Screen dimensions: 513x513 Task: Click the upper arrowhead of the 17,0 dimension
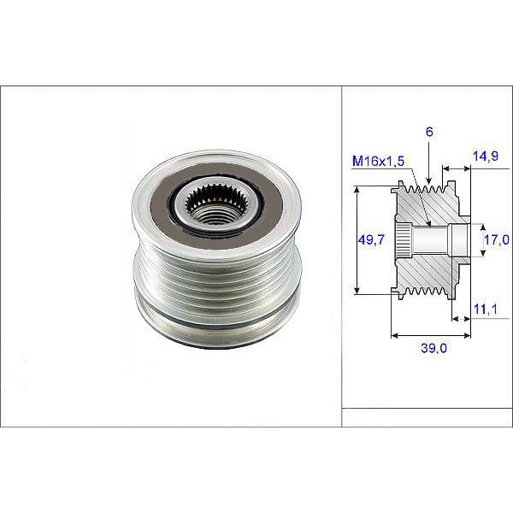[x=477, y=225]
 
